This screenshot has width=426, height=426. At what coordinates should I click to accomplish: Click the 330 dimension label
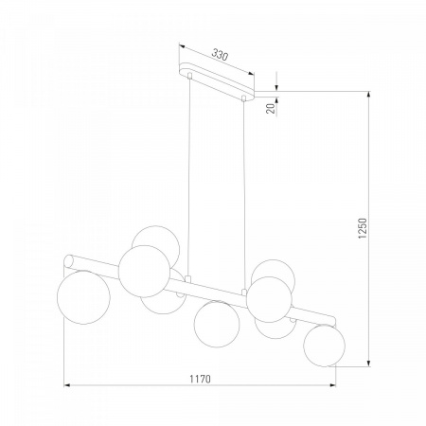tap(220, 55)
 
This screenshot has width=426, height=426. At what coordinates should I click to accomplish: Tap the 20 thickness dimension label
tap(271, 108)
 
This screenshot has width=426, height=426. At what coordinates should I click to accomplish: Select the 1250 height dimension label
tap(363, 228)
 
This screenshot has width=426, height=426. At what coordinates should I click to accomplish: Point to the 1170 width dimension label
tap(200, 379)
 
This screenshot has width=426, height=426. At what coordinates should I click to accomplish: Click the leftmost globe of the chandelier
tap(83, 297)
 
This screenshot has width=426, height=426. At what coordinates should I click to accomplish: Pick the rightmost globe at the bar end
tap(325, 346)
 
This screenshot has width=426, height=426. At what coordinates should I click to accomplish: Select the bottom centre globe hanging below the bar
tap(217, 324)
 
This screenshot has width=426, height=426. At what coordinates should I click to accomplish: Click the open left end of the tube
tap(68, 261)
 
